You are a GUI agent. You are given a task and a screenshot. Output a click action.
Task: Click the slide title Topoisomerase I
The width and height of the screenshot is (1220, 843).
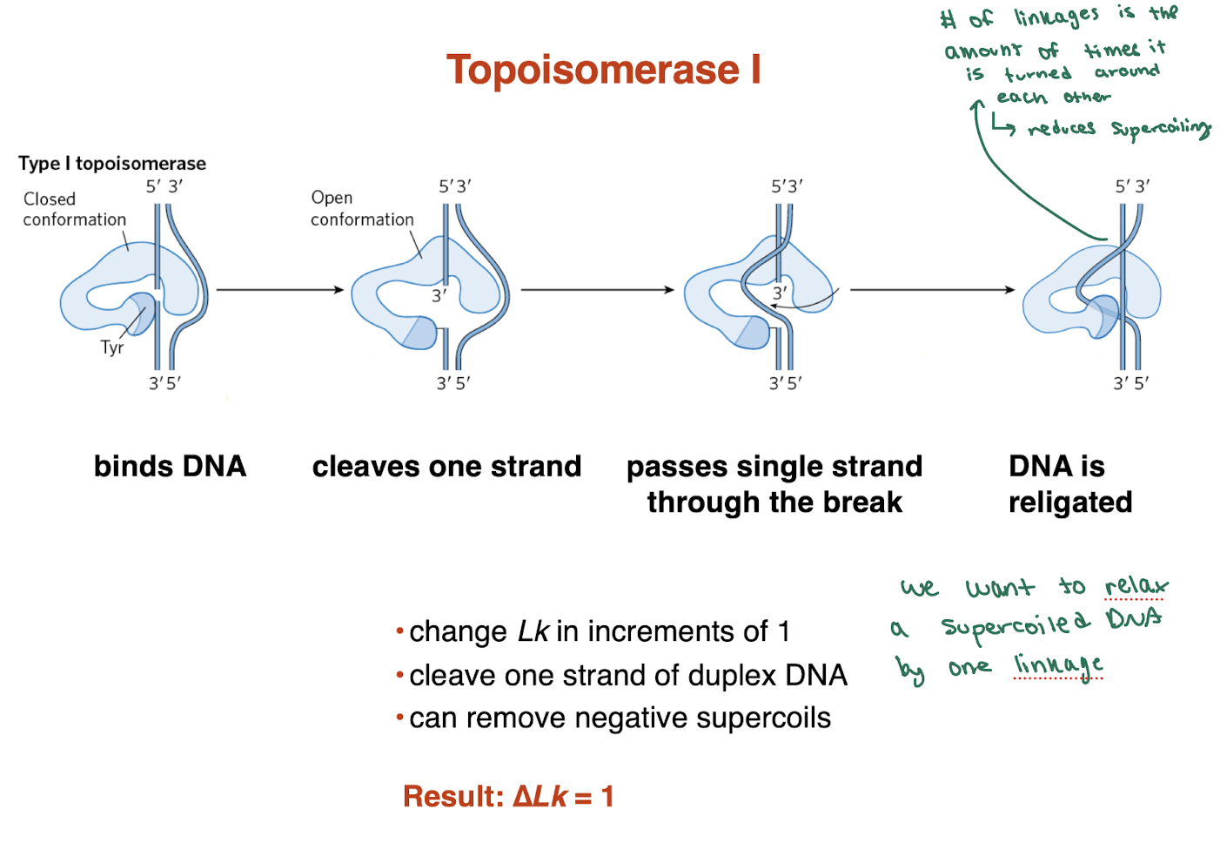click(x=603, y=70)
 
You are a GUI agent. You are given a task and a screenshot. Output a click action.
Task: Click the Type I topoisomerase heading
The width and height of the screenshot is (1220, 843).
click(x=112, y=163)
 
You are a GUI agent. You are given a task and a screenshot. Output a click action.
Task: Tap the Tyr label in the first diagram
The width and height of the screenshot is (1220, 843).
click(x=112, y=347)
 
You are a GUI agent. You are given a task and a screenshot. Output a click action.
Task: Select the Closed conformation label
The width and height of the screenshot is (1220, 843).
click(x=74, y=209)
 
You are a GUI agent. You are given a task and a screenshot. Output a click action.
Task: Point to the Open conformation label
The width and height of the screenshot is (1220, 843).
click(x=361, y=209)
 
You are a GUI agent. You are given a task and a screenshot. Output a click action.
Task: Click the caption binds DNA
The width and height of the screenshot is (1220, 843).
click(x=171, y=466)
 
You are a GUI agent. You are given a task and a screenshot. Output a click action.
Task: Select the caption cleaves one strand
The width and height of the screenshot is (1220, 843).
click(x=446, y=466)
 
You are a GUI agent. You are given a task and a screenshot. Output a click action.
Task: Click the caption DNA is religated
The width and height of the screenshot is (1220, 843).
click(x=1069, y=484)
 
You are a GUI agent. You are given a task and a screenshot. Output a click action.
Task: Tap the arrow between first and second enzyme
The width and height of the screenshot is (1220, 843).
click(x=280, y=289)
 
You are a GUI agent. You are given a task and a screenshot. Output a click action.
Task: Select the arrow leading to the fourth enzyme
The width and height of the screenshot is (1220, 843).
click(x=932, y=289)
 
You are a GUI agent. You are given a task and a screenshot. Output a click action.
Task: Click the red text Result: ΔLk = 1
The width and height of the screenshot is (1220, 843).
click(x=508, y=796)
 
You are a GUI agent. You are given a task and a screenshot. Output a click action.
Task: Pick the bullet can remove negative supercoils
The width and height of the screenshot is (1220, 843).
click(x=619, y=718)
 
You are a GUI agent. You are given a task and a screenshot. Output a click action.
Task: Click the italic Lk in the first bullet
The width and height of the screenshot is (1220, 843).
click(x=533, y=631)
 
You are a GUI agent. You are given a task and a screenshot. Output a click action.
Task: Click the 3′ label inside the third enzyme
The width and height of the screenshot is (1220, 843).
click(x=780, y=293)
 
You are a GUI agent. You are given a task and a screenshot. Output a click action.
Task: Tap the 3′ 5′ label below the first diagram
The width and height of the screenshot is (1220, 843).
click(x=164, y=383)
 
